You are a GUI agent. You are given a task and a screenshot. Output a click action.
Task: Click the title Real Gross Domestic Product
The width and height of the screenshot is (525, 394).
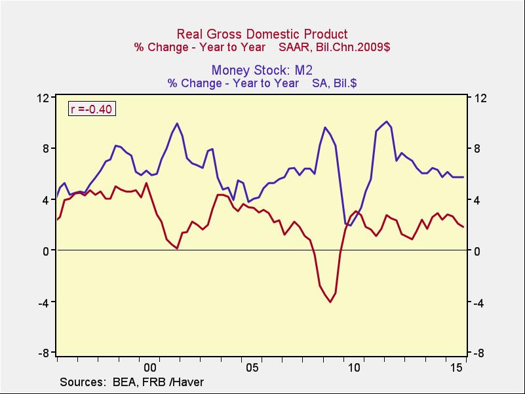[262, 34]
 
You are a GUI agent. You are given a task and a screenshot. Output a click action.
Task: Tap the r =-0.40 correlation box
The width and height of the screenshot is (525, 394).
[92, 109]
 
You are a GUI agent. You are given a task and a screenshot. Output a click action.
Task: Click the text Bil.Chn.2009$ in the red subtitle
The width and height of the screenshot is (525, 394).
[354, 47]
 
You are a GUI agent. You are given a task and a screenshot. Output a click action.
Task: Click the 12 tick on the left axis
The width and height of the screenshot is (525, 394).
[44, 98]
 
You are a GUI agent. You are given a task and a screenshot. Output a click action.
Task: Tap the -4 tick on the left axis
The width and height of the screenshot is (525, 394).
[44, 302]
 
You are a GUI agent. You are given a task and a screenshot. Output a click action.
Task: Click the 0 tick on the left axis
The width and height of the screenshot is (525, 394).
[47, 251]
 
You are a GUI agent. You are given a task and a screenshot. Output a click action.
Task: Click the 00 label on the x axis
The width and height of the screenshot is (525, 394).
[149, 368]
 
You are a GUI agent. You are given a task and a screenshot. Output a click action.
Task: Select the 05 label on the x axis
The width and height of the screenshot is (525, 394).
[252, 368]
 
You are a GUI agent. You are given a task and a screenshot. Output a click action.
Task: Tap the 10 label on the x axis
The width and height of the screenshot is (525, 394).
[355, 368]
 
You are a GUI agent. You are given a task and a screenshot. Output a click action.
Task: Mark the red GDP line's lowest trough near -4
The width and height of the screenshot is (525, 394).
[330, 302]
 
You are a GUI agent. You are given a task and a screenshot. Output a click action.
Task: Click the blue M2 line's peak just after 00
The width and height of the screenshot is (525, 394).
[177, 123]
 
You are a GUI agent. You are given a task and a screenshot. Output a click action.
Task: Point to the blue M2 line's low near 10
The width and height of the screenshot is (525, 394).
[351, 226]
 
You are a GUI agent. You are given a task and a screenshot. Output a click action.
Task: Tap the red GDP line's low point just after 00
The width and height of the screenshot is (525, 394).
[177, 248]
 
